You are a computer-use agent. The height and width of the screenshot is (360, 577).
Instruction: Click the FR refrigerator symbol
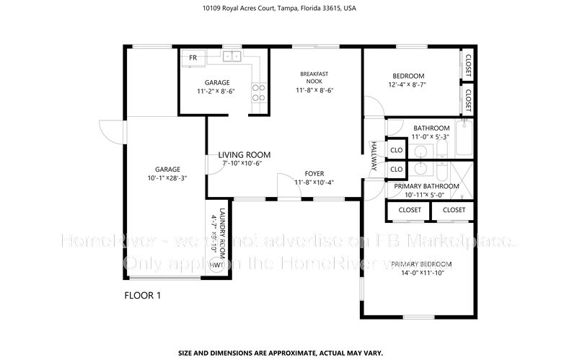pyautogui.click(x=193, y=57)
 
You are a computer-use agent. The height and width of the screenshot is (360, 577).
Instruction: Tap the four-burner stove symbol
pyautogui.click(x=258, y=92)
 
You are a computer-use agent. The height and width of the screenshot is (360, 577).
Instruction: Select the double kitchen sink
pyautogui.click(x=231, y=56)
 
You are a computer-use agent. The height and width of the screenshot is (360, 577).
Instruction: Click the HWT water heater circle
pyautogui.click(x=216, y=266)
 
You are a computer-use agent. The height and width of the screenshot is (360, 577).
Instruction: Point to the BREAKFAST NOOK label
pyautogui.click(x=314, y=77)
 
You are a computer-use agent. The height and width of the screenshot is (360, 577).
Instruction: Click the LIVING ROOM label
pyautogui.click(x=245, y=154)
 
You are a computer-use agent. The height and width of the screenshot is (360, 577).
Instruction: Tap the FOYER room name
pyautogui.click(x=314, y=173)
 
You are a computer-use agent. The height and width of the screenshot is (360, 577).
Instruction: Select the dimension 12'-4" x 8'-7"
pyautogui.click(x=408, y=85)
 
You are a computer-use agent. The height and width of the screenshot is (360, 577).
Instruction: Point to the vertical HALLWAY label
pyautogui.click(x=374, y=156)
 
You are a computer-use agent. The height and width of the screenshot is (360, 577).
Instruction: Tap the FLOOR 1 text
pyautogui.click(x=143, y=296)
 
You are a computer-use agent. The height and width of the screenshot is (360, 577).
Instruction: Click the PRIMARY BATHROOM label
pyautogui.click(x=426, y=186)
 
